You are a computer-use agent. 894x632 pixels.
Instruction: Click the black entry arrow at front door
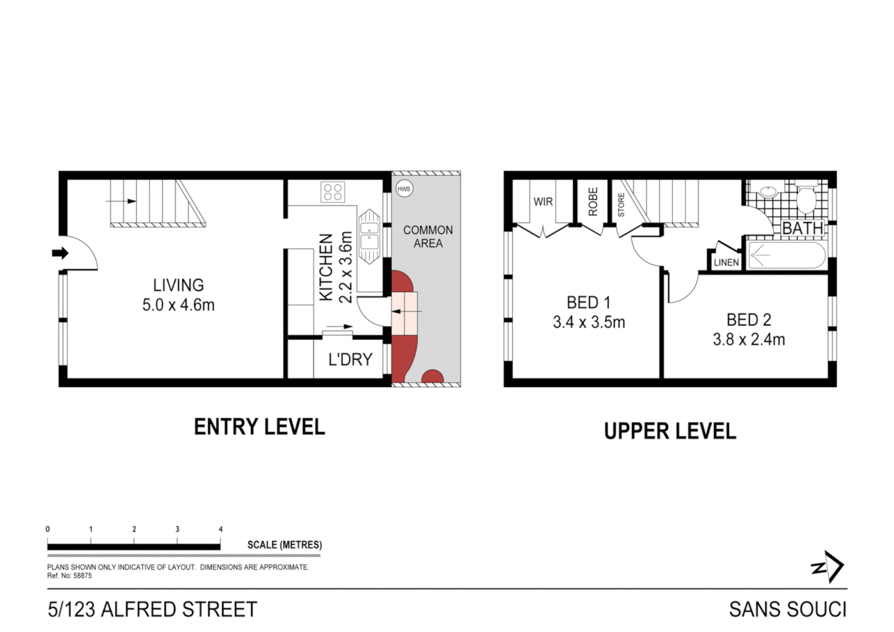click(60, 253)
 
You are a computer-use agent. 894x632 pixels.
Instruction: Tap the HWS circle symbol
click(404, 189)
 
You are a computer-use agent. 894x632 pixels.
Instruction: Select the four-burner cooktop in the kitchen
click(333, 192)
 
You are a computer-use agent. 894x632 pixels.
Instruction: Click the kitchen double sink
click(369, 236)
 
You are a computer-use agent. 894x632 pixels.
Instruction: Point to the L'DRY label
click(350, 359)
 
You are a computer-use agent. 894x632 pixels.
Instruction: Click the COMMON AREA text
click(428, 236)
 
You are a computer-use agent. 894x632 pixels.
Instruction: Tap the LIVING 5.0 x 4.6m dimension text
click(178, 305)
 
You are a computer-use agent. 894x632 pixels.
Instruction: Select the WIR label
click(542, 202)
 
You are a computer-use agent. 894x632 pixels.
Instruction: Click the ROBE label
click(593, 202)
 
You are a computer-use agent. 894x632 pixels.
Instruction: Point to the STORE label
click(621, 205)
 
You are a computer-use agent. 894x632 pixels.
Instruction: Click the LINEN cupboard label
click(726, 263)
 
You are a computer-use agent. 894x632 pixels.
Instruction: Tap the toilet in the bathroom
click(807, 199)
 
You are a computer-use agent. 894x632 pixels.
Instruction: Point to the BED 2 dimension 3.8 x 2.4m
click(748, 339)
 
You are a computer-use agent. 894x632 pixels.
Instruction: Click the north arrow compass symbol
click(828, 566)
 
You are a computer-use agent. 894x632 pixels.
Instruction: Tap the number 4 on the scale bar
click(221, 529)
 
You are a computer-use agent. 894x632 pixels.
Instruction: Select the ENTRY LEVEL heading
click(259, 427)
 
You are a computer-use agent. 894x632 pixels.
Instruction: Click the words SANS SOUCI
click(788, 609)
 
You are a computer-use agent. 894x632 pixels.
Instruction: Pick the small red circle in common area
click(432, 377)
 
